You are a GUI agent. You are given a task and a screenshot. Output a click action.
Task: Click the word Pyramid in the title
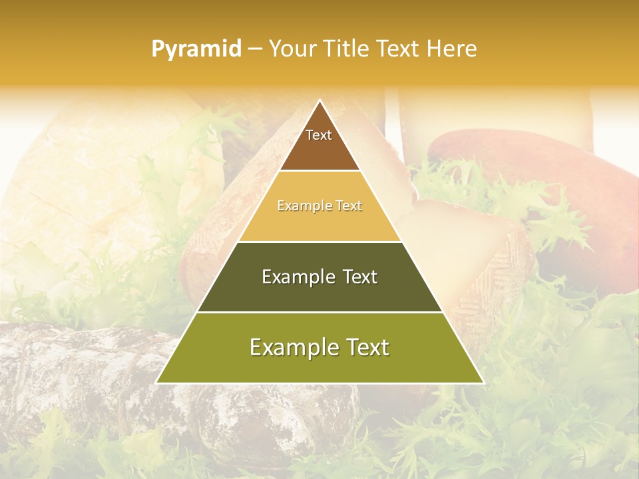pos(196,49)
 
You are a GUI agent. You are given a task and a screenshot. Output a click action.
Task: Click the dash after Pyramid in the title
pos(254,49)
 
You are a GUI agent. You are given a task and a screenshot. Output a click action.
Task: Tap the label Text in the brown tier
pos(319,135)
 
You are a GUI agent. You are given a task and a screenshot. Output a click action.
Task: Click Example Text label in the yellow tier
pos(319,206)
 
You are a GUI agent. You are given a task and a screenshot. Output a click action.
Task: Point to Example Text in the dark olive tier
pos(319,277)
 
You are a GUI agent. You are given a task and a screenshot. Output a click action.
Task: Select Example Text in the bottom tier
pos(319,347)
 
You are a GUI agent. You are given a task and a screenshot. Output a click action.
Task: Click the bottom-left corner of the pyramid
pos(157,383)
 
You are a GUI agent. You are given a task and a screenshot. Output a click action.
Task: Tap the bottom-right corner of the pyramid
pos(483,383)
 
